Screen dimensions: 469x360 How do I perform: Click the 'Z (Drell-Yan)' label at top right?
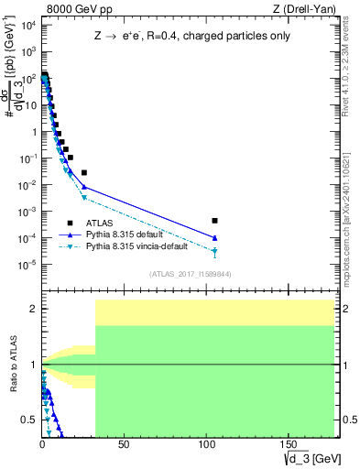coord(310,9)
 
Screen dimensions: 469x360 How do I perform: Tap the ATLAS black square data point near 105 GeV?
coord(214,221)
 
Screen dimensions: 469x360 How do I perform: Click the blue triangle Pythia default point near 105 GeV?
coord(214,238)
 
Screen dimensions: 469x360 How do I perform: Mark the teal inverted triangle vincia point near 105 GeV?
coord(214,251)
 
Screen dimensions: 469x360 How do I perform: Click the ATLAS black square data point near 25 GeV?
coord(83,172)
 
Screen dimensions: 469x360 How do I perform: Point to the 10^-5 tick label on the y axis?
coord(27,265)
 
